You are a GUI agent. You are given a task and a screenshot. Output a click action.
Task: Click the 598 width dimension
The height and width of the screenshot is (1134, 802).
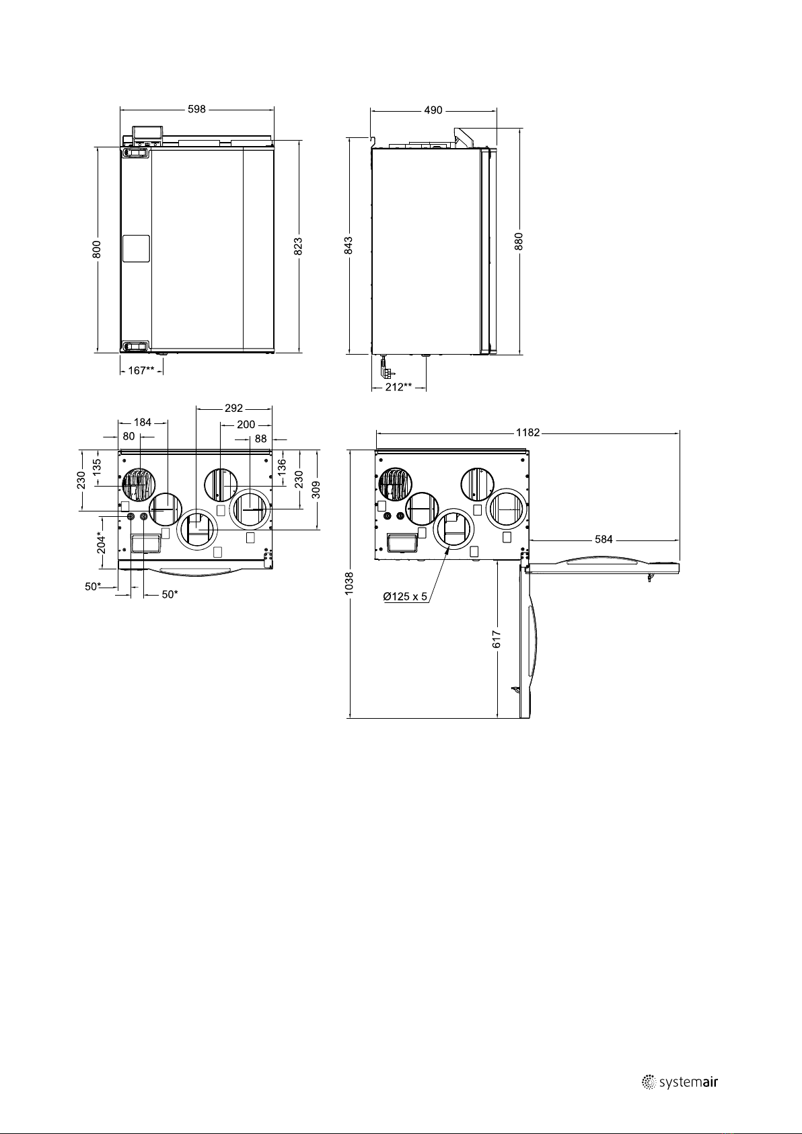[x=197, y=109]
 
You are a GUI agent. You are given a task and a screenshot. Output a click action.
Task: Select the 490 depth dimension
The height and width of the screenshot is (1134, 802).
[x=433, y=110]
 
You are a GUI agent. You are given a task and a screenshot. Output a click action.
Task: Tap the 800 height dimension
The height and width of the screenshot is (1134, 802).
[x=97, y=249]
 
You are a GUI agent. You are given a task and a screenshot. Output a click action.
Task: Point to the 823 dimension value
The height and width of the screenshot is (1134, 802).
[x=298, y=246]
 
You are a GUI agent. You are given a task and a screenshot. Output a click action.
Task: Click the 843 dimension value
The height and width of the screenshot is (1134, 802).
[x=348, y=245]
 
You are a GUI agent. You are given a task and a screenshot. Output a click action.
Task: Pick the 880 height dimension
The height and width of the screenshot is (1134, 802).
[x=519, y=242]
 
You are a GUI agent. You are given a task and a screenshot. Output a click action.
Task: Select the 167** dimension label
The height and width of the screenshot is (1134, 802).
[x=141, y=371]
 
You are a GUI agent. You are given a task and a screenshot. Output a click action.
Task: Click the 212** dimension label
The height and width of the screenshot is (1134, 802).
[x=399, y=387]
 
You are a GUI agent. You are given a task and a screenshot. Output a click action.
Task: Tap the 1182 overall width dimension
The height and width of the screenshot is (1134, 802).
[x=527, y=432]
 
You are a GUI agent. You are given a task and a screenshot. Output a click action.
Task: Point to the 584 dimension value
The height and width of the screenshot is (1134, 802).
[x=604, y=540]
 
